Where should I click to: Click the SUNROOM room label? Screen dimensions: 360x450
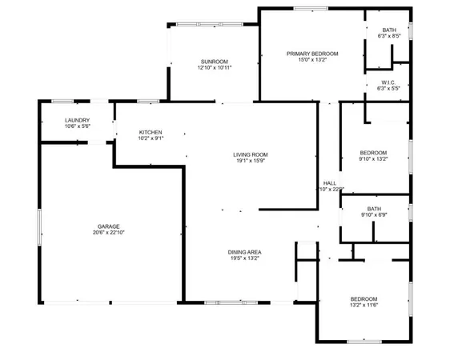pyautogui.click(x=215, y=62)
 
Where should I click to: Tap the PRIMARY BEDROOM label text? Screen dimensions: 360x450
pyautogui.click(x=312, y=54)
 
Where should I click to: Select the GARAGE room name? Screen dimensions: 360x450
pyautogui.click(x=109, y=226)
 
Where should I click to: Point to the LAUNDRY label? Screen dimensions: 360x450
pyautogui.click(x=77, y=120)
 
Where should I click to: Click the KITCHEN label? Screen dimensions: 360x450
pyautogui.click(x=151, y=132)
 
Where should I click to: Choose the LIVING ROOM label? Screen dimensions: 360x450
pyautogui.click(x=250, y=154)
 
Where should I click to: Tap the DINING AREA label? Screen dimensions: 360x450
pyautogui.click(x=246, y=252)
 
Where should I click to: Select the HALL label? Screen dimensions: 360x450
pyautogui.click(x=329, y=182)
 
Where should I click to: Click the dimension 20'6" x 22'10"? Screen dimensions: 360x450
pyautogui.click(x=109, y=233)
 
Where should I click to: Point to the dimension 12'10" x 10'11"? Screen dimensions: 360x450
pyautogui.click(x=215, y=68)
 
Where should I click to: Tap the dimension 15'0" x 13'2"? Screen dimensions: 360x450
pyautogui.click(x=312, y=60)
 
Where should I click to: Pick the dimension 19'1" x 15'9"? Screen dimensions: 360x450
pyautogui.click(x=250, y=161)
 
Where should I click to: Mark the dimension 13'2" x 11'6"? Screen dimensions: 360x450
pyautogui.click(x=364, y=305)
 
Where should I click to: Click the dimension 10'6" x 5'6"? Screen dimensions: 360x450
pyautogui.click(x=77, y=126)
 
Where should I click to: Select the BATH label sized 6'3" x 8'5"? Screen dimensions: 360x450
pyautogui.click(x=388, y=30)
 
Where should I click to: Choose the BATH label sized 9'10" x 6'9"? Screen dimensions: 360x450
pyautogui.click(x=374, y=207)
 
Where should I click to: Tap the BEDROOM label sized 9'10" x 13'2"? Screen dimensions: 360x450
pyautogui.click(x=373, y=152)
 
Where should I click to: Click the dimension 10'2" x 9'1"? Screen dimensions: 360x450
pyautogui.click(x=151, y=138)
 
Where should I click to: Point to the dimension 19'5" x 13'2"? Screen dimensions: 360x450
pyautogui.click(x=246, y=258)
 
